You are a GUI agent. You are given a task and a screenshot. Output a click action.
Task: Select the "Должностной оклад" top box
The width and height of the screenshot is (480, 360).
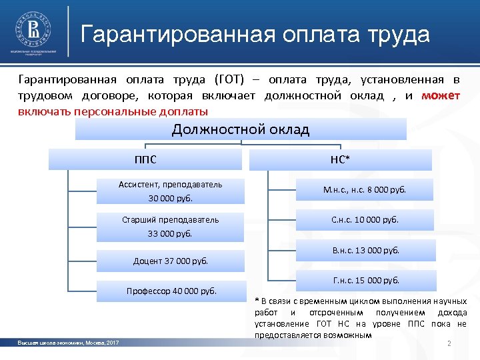click(241, 129)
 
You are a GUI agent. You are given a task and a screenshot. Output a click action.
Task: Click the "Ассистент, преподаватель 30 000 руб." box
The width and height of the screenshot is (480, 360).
click(171, 191)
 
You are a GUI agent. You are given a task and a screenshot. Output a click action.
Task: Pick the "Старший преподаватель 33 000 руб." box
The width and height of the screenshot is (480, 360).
click(171, 226)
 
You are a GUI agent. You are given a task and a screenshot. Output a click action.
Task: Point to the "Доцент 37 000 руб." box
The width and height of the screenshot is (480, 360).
click(171, 260)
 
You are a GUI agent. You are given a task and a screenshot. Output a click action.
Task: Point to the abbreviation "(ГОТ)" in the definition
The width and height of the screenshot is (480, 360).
click(230, 79)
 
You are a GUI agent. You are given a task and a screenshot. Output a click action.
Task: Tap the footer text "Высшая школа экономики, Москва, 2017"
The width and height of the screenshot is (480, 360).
click(69, 343)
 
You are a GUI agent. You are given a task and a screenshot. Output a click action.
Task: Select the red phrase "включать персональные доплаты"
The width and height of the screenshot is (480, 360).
click(113, 111)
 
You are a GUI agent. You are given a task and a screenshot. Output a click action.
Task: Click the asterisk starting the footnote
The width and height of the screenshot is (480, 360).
click(257, 301)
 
